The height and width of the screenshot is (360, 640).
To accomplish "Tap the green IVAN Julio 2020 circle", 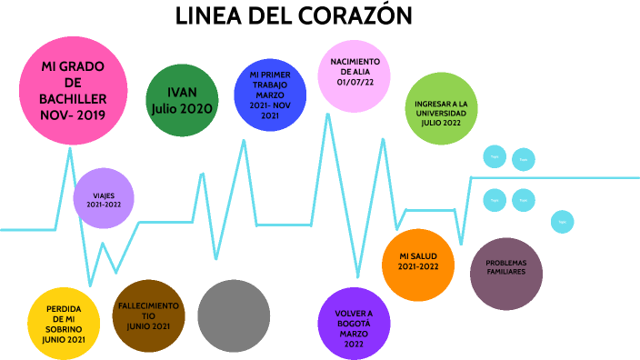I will pos(183,100).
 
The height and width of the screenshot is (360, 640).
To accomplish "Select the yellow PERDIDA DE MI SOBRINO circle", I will pos(64,324).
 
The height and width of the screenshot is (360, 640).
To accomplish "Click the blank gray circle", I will pos(234,315).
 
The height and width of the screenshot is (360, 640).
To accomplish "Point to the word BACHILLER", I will pos(74,99).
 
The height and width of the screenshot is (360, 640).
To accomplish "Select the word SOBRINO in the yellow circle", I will pos(64,329).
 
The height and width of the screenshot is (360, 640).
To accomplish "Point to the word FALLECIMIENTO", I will pos(148,305).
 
